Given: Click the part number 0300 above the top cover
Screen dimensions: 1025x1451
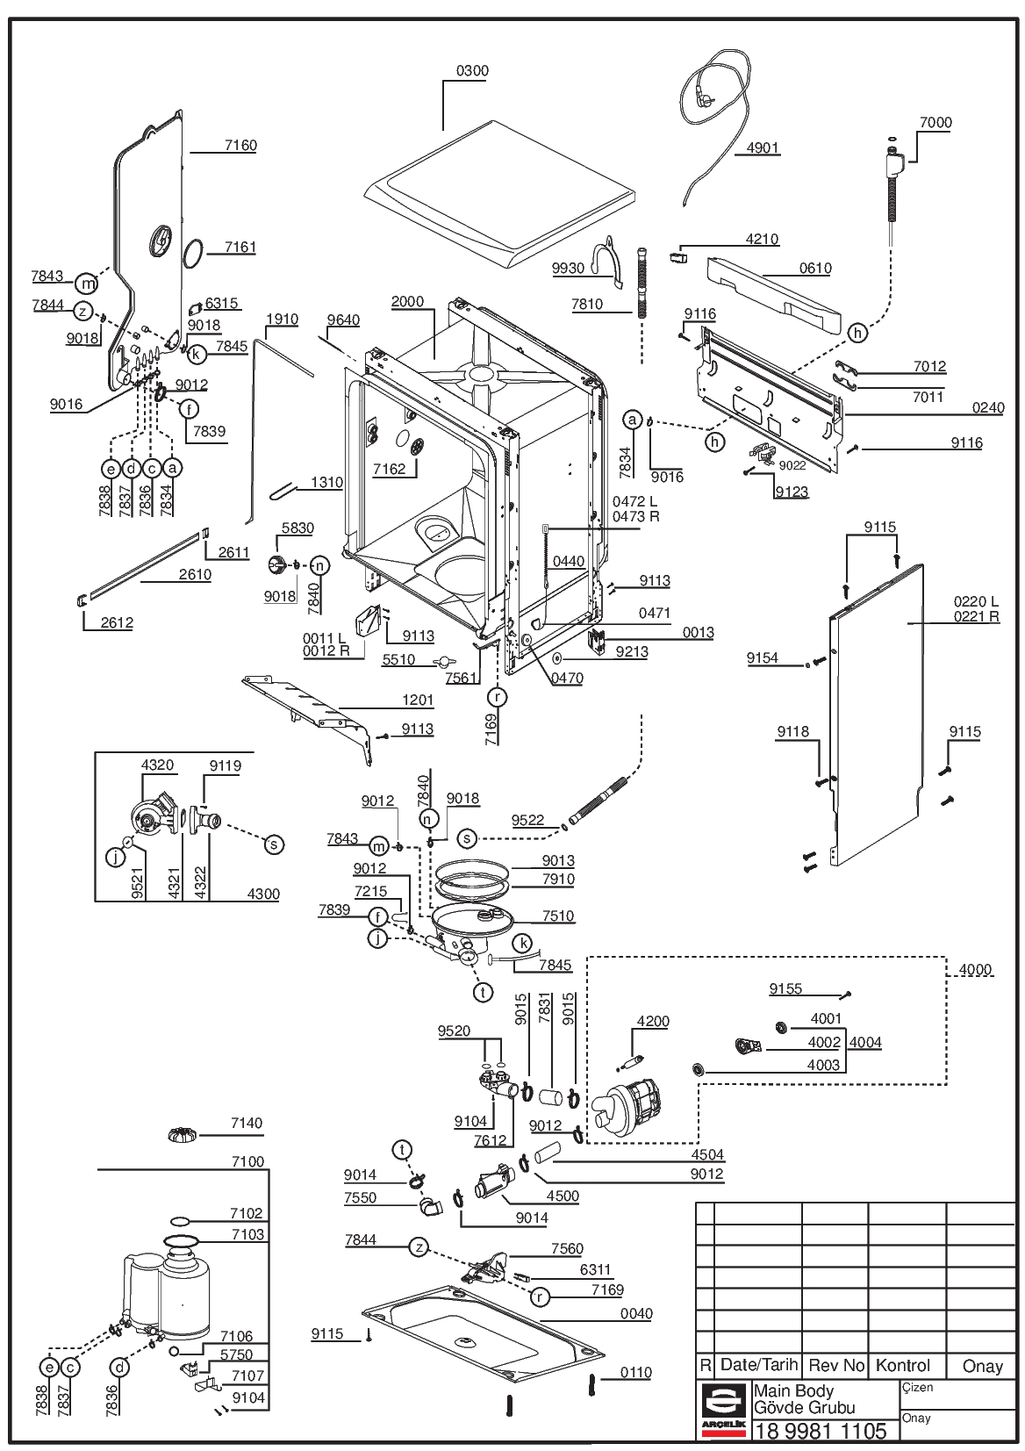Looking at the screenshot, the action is [472, 70].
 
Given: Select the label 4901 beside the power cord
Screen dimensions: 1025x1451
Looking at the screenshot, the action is [762, 147].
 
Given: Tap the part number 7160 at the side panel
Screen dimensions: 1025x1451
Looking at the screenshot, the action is [240, 145].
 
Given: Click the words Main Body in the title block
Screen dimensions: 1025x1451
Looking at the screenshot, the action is [793, 1390].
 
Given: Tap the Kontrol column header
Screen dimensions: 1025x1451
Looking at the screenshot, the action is [903, 1365].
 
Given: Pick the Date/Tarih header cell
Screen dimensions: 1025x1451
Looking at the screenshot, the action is [759, 1364].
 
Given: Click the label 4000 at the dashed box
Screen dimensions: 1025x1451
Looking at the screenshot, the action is [975, 969].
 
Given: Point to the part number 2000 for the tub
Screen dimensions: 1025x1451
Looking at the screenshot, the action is [407, 301].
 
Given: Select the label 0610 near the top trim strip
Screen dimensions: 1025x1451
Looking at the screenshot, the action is [815, 268].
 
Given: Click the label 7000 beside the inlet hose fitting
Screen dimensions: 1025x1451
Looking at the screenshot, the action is [935, 122].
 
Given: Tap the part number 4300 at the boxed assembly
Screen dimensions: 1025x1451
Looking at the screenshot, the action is [263, 894].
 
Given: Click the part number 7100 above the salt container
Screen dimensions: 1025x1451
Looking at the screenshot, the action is [248, 1161].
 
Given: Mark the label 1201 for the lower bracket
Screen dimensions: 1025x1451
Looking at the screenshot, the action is [418, 700].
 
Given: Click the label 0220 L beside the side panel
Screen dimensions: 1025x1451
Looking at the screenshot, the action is [977, 601].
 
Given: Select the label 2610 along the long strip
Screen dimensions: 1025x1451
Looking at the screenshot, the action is [195, 574].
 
